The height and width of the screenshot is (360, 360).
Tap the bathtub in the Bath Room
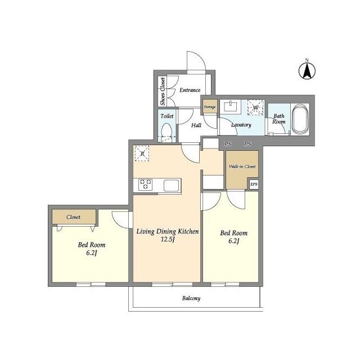pos(300,119)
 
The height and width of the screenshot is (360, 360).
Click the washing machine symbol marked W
pos(255,107)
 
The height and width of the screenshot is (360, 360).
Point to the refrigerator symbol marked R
pos(142,154)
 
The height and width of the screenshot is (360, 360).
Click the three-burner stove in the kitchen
pos(145,184)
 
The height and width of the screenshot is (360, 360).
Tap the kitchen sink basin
pos(171,185)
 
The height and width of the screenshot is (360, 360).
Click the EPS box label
pos(254,184)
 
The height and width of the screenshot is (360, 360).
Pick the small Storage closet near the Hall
pos(210,106)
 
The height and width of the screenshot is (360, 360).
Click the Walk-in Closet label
pos(242,166)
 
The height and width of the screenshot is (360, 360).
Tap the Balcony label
pos(191,298)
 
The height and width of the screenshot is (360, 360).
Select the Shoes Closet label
pos(163,91)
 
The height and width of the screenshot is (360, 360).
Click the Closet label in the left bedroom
pos(73,217)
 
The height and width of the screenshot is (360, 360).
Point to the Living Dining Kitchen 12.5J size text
pos(168,240)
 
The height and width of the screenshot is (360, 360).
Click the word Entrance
pos(190,90)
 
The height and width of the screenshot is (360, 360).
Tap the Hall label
pos(196,125)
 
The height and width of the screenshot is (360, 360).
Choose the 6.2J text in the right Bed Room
pos(234,241)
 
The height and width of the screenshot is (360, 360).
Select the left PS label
pos(228,144)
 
